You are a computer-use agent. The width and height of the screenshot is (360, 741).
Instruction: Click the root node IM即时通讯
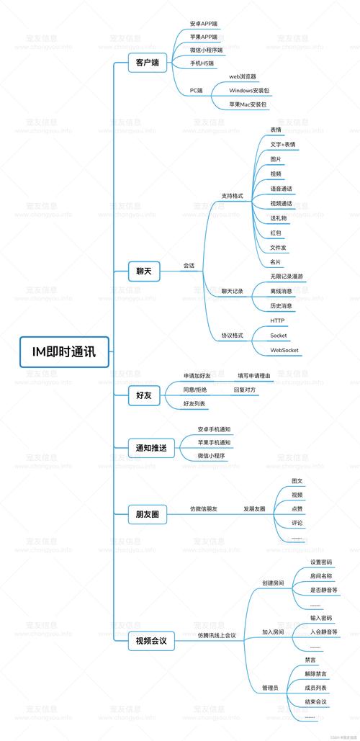coord(64,351)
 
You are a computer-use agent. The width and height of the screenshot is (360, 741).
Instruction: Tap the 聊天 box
coord(144,271)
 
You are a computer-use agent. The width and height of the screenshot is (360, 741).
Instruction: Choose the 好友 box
coord(144,395)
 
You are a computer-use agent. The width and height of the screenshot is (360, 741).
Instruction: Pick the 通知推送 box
coord(151,448)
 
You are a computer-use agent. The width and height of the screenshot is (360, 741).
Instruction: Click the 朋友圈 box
coord(147,514)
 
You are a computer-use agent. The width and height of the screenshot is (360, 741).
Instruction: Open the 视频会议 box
coord(151,640)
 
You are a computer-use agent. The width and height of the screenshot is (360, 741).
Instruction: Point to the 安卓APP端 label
coord(204,24)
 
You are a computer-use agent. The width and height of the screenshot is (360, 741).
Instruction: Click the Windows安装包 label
coord(249,91)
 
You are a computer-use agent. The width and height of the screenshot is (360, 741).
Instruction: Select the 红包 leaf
coord(276,233)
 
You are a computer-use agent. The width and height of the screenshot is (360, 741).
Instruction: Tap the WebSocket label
coord(284,350)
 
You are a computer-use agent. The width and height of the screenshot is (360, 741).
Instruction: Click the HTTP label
coord(277,320)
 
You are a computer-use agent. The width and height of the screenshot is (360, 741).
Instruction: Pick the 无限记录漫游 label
coord(287,277)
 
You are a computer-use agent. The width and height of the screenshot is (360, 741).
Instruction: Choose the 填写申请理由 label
coord(254,376)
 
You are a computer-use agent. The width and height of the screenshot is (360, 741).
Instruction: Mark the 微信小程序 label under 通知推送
coord(212,456)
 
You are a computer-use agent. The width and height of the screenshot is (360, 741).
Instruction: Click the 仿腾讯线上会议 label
coord(217,635)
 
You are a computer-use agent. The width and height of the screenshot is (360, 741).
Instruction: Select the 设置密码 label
coord(321,562)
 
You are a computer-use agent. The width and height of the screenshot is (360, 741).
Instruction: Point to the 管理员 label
coord(270,688)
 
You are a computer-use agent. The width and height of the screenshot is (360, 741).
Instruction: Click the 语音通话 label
coord(281,189)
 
